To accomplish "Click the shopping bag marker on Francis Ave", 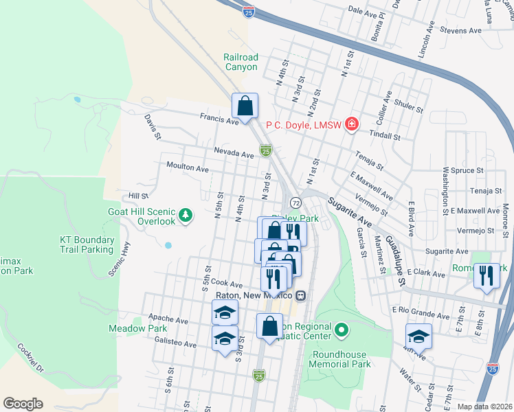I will point(245,106).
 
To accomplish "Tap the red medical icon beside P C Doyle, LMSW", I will point(352,124).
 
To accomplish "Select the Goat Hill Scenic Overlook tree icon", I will point(185,216).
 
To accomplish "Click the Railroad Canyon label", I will point(241,62).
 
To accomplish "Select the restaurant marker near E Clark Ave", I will point(487,275).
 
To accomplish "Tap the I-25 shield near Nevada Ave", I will point(265,150).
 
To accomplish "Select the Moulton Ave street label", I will point(188,168).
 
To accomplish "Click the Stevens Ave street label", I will point(461,31).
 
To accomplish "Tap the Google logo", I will point(23,404).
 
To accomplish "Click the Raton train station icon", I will point(300,295).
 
